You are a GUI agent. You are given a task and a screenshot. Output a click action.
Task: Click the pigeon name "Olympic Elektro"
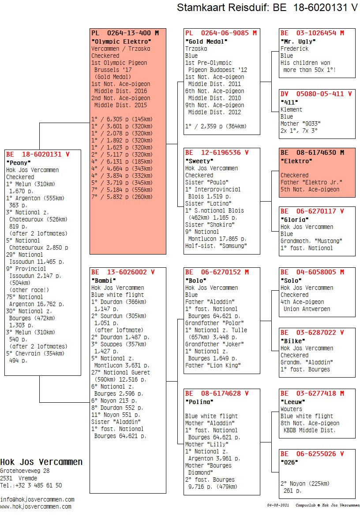coord(121,41)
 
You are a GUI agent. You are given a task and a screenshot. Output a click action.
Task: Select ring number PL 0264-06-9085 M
coord(221,33)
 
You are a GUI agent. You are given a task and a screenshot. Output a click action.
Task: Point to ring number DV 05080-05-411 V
coord(316,94)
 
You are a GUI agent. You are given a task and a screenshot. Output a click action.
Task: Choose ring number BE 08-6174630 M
coord(312,153)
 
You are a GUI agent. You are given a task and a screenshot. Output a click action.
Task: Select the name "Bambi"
coord(103,281)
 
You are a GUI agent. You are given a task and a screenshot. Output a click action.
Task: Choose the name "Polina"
coord(199,402)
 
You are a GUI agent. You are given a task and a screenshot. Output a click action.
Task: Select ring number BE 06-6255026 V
coord(312,454)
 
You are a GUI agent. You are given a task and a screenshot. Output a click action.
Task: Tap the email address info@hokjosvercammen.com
coord(37,499)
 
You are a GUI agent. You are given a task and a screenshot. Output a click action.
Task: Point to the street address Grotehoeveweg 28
coord(25,471)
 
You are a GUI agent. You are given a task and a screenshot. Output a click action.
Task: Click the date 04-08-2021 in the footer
coord(278,505)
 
